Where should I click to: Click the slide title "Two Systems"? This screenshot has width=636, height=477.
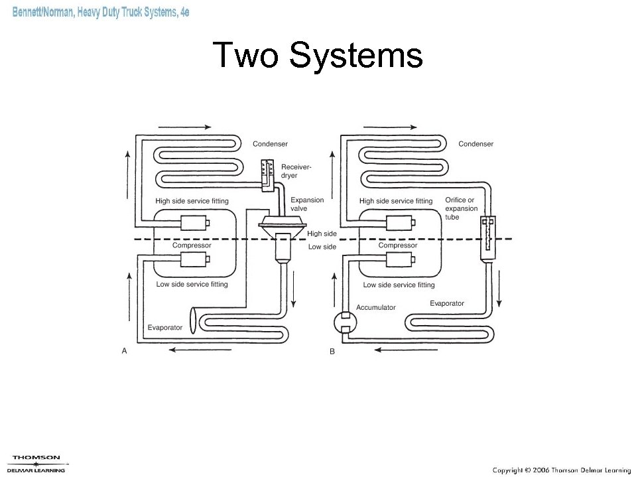[x=318, y=56]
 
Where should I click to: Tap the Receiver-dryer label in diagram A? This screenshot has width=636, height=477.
[x=296, y=171]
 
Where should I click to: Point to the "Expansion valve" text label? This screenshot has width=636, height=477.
[x=308, y=204]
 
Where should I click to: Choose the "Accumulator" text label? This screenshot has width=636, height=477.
[x=375, y=307]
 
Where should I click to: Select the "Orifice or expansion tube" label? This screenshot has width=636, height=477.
[x=461, y=208]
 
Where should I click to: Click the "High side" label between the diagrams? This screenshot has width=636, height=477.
[x=322, y=234]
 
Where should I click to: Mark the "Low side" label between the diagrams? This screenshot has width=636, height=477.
[x=322, y=247]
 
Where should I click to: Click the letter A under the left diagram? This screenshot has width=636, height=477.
[x=124, y=352]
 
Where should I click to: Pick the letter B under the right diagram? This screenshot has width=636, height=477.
[x=332, y=352]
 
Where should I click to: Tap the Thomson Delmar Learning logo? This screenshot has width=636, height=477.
[x=38, y=462]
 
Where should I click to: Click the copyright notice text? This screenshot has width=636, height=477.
[x=560, y=470]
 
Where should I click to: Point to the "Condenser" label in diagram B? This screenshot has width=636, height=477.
[x=476, y=144]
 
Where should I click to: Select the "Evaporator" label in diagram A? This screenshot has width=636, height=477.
[x=164, y=328]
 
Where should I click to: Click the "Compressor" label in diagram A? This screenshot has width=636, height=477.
[x=192, y=245]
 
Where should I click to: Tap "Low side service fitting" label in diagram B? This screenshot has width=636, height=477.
[x=399, y=285]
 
